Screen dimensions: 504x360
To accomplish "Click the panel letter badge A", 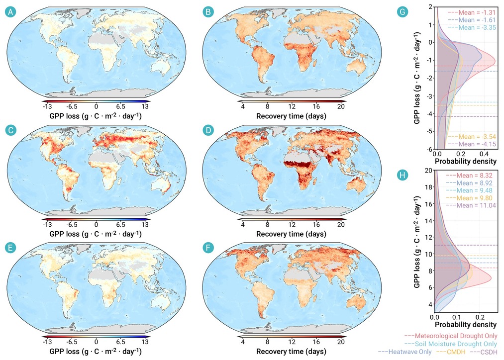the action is pos(10,12).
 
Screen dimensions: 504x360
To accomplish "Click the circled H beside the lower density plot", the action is pos(403,176).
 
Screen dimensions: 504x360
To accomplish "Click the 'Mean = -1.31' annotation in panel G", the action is pos(472,12).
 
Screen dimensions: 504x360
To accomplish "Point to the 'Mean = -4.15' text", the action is pos(472,144).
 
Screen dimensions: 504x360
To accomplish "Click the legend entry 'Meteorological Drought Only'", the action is pos(451,336).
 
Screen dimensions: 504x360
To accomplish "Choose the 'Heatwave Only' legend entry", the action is pos(405,352).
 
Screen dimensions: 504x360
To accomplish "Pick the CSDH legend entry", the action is pos(484,352).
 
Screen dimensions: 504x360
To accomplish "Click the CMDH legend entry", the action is pos(451,352).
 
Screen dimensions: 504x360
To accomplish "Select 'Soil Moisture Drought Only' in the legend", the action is pos(451,344).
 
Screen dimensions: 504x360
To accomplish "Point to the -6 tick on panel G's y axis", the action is pos(429,150).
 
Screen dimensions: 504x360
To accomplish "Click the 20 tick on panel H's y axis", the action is pos(428,171).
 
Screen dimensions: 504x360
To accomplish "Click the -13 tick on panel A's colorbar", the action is pos(47,106).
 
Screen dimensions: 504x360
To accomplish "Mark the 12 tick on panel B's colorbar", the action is pos(292,106).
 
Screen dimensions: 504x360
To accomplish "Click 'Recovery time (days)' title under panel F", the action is pos(291,352).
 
